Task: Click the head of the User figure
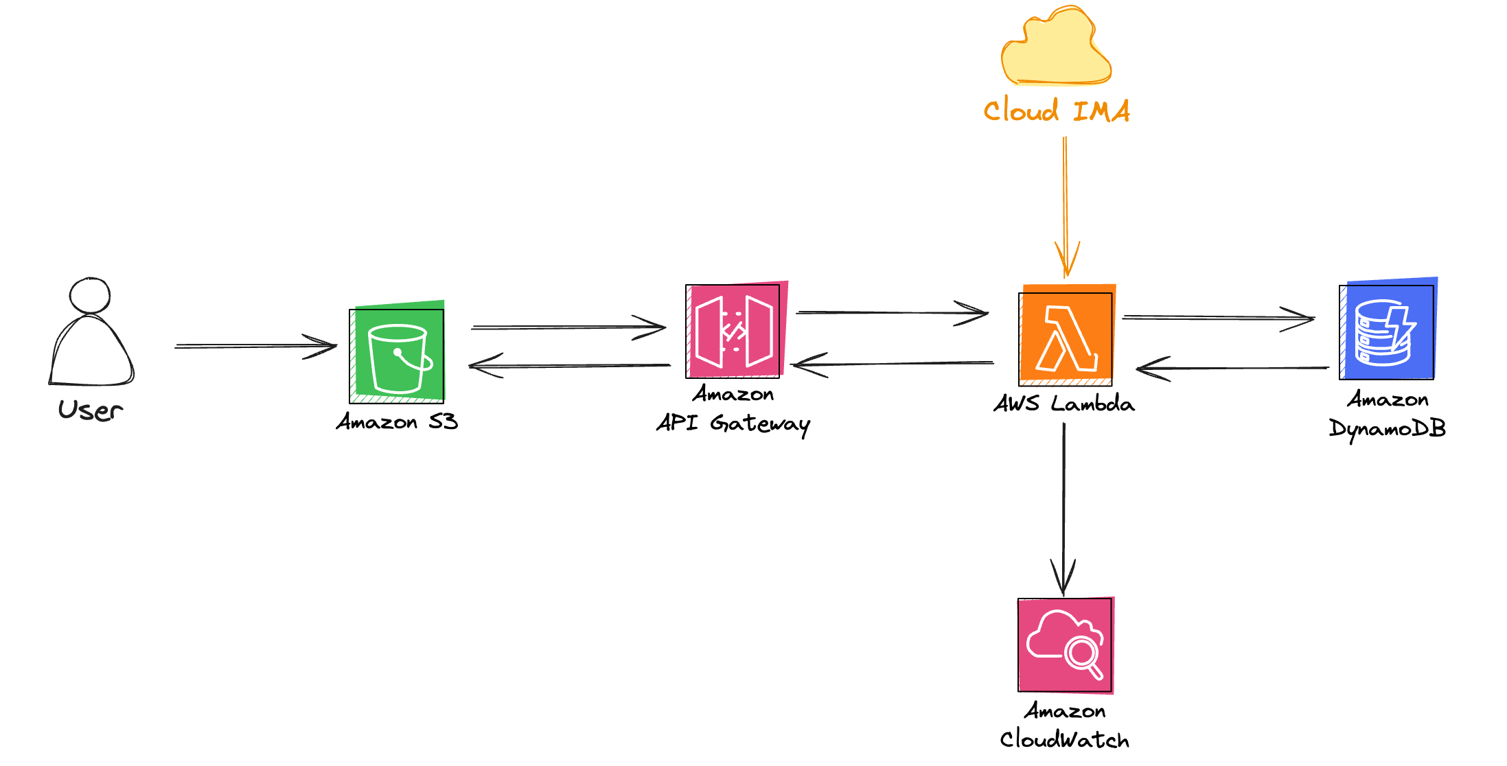point(90,295)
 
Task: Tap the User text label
point(91,410)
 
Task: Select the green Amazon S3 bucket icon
point(397,355)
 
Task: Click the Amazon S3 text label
point(397,421)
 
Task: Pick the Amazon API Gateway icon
point(734,331)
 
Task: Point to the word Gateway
point(760,424)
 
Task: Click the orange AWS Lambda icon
point(1066,338)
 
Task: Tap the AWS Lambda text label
point(1064,404)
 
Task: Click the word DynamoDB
point(1388,428)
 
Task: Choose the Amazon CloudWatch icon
point(1066,645)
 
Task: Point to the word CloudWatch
point(1064,739)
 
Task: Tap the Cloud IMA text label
point(1057,111)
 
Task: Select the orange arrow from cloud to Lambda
point(1066,206)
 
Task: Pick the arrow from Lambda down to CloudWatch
point(1063,508)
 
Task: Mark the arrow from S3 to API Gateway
point(568,327)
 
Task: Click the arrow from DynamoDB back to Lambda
point(1232,369)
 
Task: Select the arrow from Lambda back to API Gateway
point(893,363)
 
